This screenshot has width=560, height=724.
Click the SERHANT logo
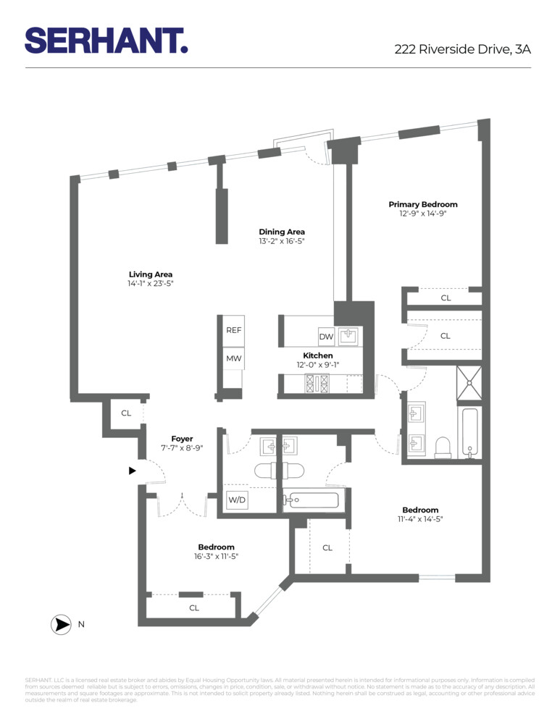pos(106,40)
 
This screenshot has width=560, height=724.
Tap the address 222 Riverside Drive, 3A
pos(462,49)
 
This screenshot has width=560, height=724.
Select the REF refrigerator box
pos(233,330)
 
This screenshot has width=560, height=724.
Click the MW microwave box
pos(233,358)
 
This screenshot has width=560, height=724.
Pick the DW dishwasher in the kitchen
pos(325,337)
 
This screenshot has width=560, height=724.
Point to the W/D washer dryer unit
pos(236,500)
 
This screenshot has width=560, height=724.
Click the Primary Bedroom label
pos(422,204)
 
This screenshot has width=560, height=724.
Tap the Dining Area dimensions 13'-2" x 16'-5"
pos(282,241)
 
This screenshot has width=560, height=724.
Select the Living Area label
pos(151,274)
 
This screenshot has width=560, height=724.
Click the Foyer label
pos(182,439)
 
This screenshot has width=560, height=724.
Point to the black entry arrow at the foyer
pos(132,471)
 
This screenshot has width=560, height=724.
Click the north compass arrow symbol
pos(61,624)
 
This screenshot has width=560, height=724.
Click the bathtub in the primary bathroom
pos(469,433)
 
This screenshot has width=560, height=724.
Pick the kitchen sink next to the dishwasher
pos(351,337)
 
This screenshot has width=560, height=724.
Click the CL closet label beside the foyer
pos(126,413)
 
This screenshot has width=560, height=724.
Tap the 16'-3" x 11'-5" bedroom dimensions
pos(216,557)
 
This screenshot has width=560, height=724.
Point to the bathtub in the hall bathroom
pos(312,500)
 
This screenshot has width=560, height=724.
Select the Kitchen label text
pos(317,355)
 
